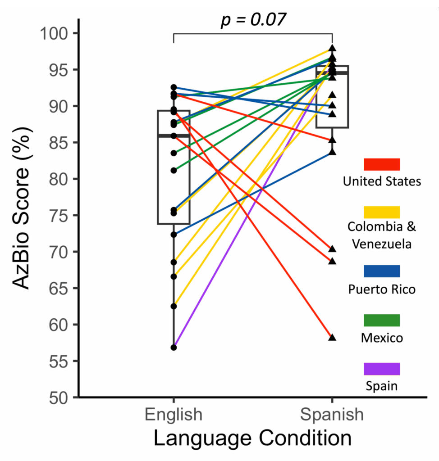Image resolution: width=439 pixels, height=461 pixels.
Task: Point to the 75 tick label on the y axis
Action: (x=60, y=215)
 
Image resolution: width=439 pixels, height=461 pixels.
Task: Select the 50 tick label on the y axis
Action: (x=60, y=397)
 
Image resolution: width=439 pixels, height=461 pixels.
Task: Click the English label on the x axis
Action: (x=174, y=414)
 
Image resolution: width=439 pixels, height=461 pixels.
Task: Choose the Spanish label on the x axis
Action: (x=332, y=414)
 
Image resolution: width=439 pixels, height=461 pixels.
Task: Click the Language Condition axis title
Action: (x=252, y=438)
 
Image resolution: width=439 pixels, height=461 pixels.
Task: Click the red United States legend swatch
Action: (x=382, y=164)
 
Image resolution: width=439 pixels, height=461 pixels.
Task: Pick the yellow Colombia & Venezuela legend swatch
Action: (x=382, y=212)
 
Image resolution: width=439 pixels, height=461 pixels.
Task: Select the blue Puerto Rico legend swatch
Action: (x=382, y=271)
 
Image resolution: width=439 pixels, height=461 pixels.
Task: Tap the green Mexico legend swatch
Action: (x=382, y=320)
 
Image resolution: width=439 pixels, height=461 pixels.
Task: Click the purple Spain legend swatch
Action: (x=382, y=369)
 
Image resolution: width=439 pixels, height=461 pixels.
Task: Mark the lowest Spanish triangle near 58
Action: (x=332, y=337)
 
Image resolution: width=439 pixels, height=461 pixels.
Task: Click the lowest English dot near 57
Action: (x=174, y=347)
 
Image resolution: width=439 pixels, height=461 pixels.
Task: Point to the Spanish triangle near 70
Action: (x=332, y=249)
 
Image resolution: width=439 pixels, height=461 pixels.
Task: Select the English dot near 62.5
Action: (x=174, y=306)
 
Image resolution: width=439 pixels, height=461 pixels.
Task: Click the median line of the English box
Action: (x=174, y=136)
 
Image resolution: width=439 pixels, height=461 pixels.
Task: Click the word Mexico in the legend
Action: (x=382, y=338)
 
